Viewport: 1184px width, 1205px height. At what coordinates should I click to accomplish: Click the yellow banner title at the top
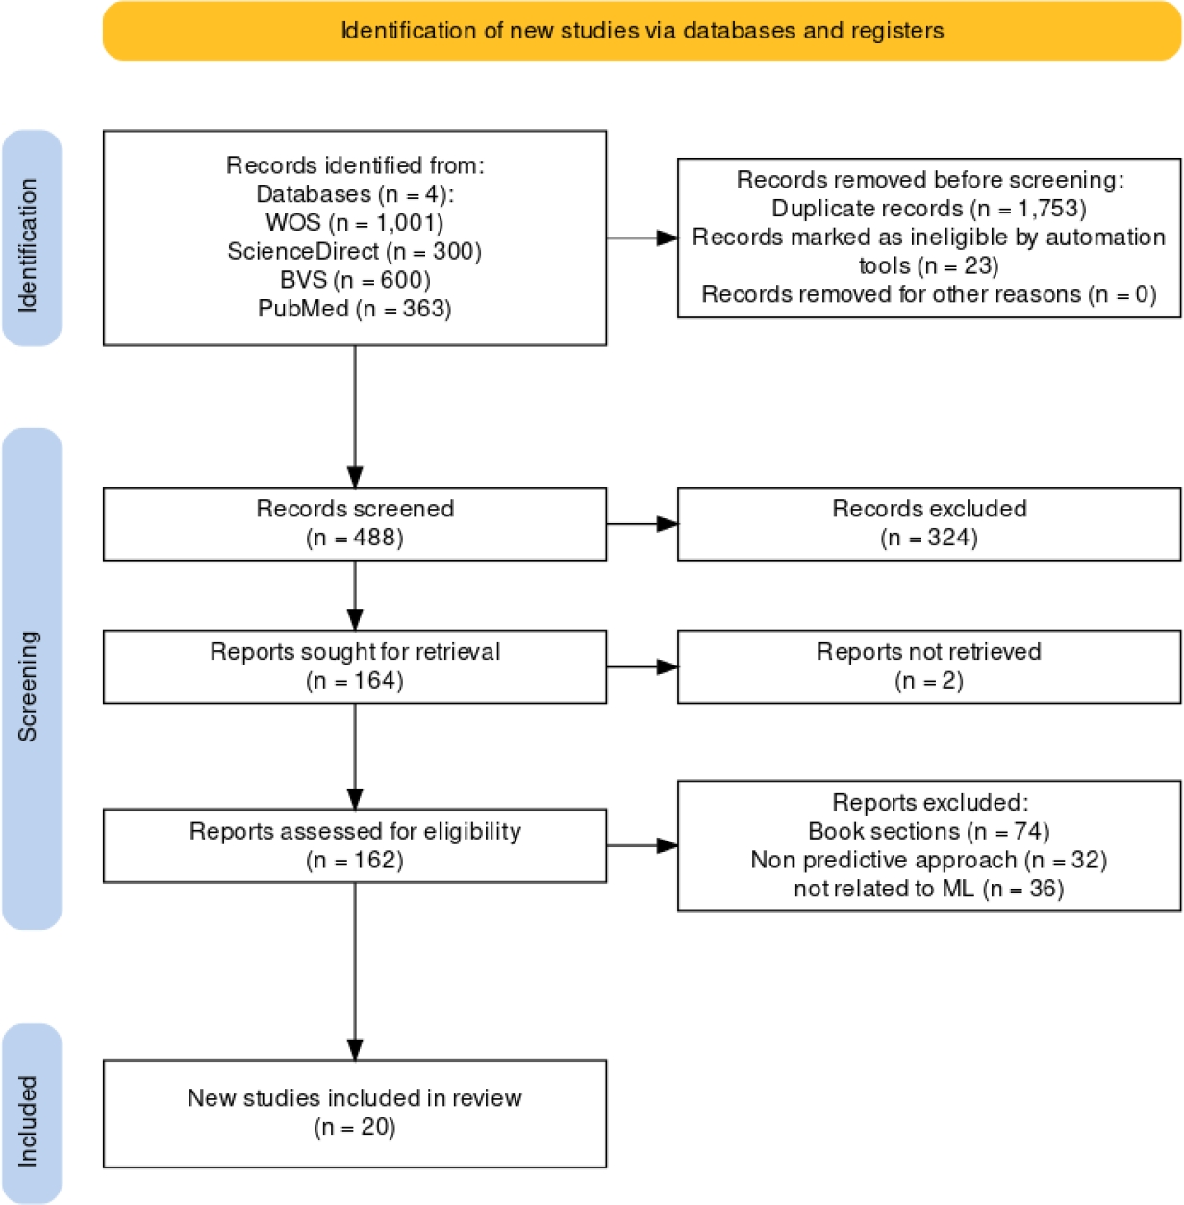(x=642, y=31)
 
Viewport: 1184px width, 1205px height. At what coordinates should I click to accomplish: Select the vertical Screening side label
(x=30, y=685)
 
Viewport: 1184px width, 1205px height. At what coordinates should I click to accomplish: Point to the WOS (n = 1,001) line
(x=354, y=223)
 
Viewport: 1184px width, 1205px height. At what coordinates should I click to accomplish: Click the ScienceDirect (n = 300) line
(x=354, y=252)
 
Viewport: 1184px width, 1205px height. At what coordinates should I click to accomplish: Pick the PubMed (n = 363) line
(x=354, y=310)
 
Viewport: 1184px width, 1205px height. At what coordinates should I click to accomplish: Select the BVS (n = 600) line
(x=354, y=281)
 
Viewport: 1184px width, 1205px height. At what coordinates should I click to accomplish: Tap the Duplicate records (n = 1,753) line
(x=928, y=209)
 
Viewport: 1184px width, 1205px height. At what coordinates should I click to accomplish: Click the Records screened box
(x=354, y=523)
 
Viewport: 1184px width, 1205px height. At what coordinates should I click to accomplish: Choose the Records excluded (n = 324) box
(x=928, y=523)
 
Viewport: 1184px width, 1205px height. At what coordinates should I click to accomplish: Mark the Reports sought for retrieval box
(x=354, y=666)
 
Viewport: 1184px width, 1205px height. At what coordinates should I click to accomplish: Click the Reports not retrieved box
(x=928, y=666)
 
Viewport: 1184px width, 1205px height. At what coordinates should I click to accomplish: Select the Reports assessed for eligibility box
(x=354, y=845)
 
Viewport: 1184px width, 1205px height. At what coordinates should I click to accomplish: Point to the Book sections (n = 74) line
(x=928, y=831)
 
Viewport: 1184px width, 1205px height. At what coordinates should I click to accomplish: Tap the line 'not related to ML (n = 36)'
(x=928, y=889)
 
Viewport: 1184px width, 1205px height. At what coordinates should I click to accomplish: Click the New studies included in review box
(x=354, y=1113)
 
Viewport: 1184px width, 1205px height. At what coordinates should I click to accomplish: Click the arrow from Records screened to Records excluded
(x=642, y=524)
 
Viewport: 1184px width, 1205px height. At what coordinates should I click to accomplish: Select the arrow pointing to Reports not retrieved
(x=642, y=666)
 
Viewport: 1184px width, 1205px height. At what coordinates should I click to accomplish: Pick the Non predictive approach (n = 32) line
(x=928, y=860)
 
